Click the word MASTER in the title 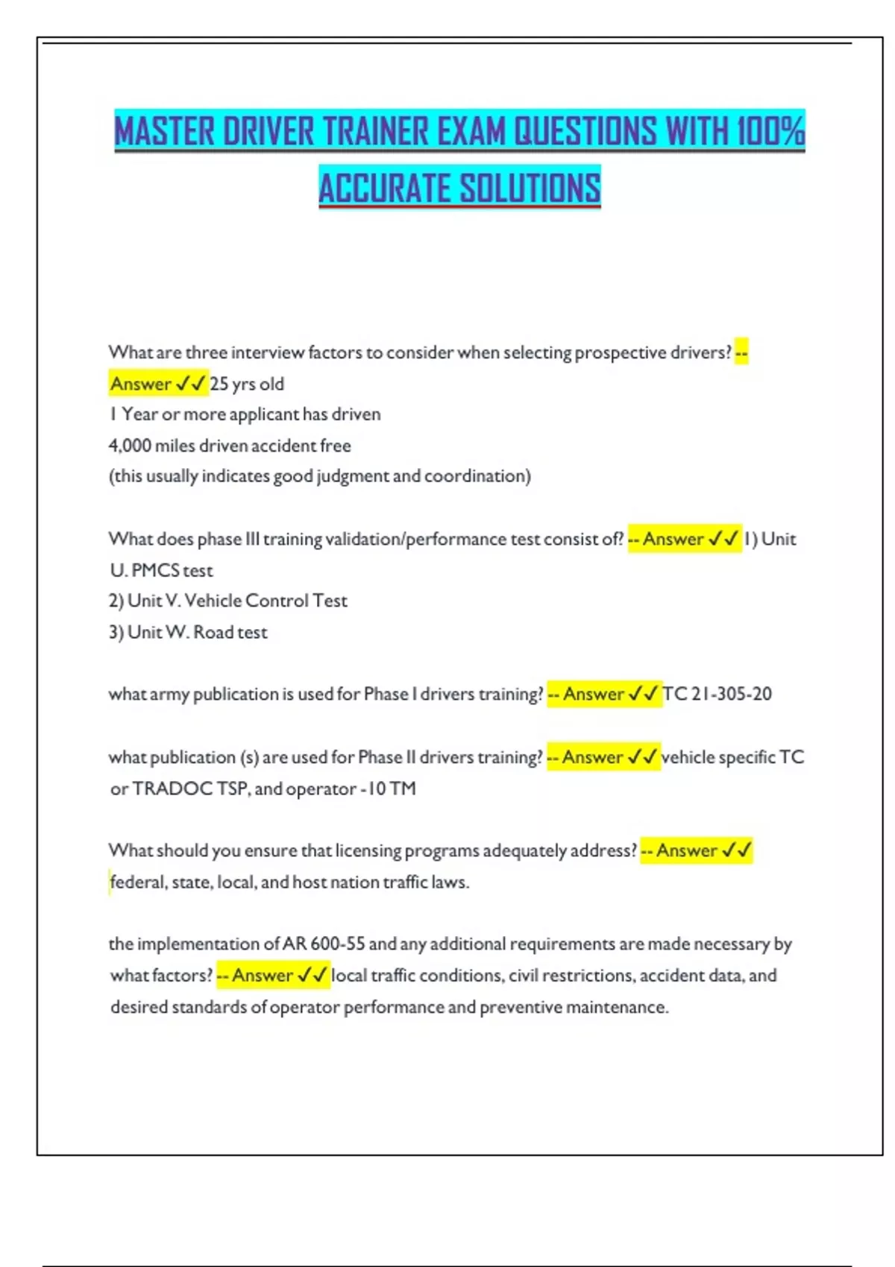tap(164, 131)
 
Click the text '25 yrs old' tap(247, 384)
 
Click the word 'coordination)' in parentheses tap(477, 476)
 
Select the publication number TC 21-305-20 tap(717, 694)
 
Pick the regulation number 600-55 tap(337, 944)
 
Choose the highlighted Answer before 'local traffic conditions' tap(262, 976)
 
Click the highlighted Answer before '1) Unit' tap(673, 539)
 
